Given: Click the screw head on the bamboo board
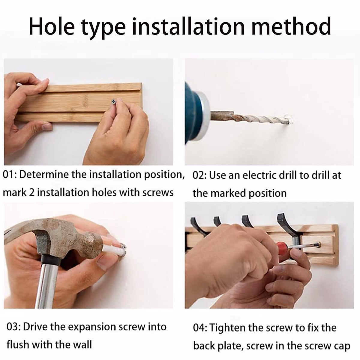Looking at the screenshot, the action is click(114, 102).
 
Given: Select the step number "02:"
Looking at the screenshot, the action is click(199, 175).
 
